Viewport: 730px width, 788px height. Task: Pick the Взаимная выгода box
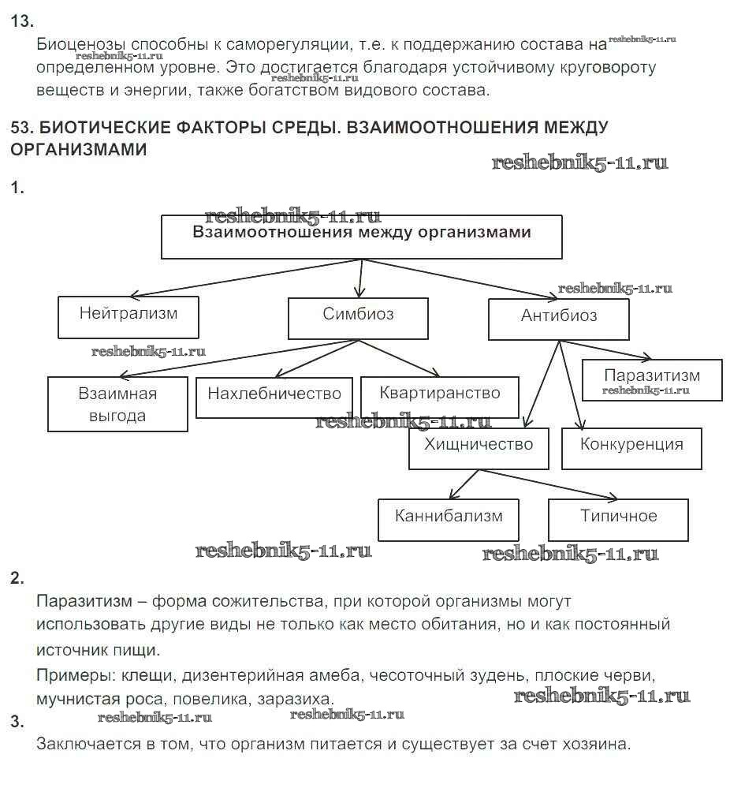117,404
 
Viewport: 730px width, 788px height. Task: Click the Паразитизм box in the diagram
652,379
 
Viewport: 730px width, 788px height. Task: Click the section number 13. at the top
23,22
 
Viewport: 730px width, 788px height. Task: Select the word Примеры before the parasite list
73,676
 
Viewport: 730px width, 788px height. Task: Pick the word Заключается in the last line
86,743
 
